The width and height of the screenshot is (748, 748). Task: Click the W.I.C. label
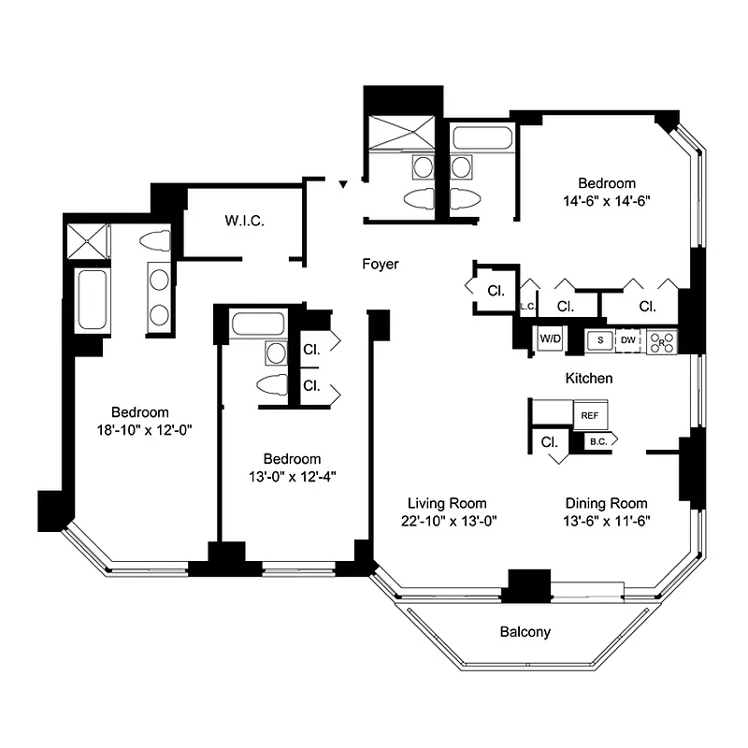coord(244,222)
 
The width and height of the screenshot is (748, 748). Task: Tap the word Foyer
coord(381,265)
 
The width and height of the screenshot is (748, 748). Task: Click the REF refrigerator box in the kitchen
coord(589,414)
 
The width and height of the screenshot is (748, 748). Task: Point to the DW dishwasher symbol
coord(628,341)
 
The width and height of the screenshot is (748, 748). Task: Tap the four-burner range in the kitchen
coord(662,341)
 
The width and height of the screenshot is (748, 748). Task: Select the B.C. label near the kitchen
coord(596,441)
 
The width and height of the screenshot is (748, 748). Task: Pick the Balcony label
coord(525,632)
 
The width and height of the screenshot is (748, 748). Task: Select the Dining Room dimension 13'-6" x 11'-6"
coord(606,520)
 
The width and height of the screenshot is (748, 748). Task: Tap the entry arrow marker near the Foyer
coord(343,185)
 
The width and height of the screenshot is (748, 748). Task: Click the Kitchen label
coord(589,379)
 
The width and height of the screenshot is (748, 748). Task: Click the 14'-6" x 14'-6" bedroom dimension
coord(606,200)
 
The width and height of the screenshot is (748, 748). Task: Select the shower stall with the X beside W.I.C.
coord(86,240)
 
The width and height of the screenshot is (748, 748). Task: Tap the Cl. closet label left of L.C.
coord(495,291)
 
